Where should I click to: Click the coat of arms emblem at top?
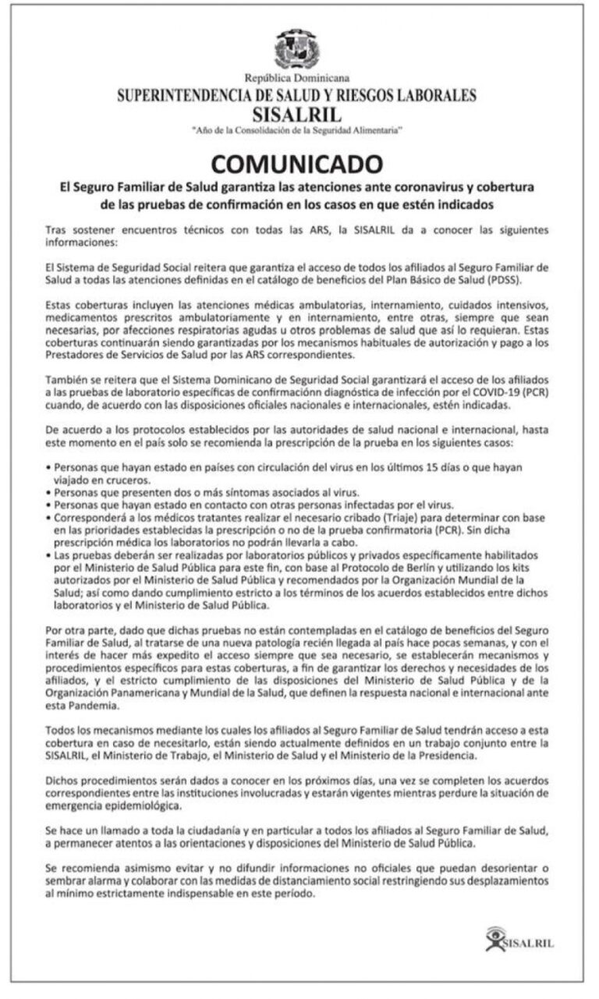[x=297, y=49]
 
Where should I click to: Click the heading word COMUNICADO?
[x=297, y=165]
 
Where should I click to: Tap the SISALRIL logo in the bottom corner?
[x=519, y=939]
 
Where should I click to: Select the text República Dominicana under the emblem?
[x=297, y=78]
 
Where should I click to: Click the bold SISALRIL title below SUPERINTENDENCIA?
[x=297, y=113]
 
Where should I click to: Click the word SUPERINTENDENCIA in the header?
[x=185, y=96]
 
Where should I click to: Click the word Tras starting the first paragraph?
[x=55, y=231]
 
